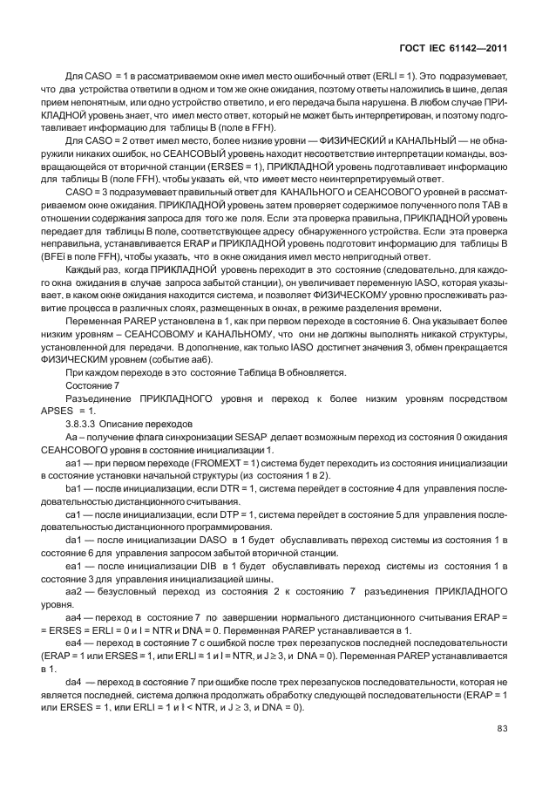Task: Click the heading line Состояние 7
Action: coord(91,384)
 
